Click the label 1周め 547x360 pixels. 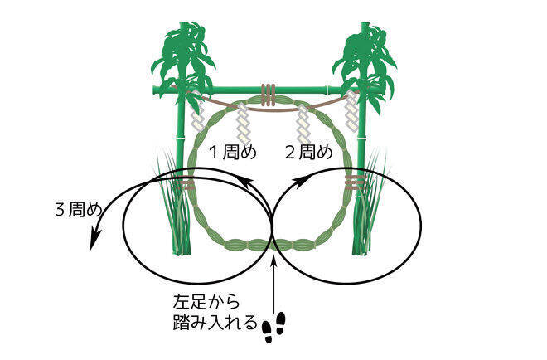click(x=232, y=153)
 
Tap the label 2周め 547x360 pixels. click(x=309, y=153)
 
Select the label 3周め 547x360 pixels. click(x=79, y=210)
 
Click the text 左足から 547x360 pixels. click(x=206, y=303)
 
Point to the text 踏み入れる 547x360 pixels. click(x=215, y=324)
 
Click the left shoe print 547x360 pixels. click(x=268, y=332)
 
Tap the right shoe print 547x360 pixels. click(x=280, y=321)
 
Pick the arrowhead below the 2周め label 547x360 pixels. click(x=299, y=182)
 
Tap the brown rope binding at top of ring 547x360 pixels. click(x=268, y=95)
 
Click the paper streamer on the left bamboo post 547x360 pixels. click(x=197, y=114)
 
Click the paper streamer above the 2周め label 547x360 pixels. click(x=303, y=124)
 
